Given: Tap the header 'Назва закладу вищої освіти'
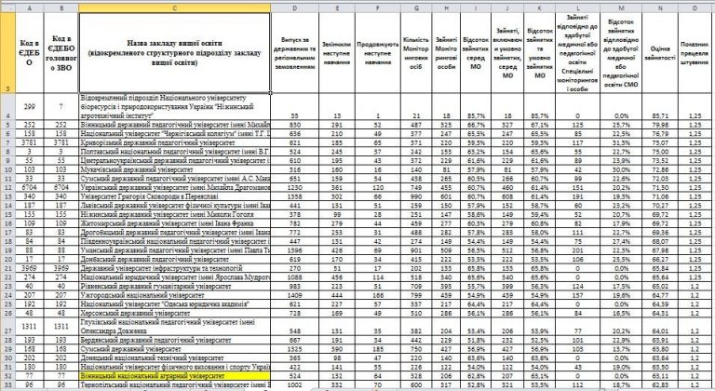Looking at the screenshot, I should coord(175,48).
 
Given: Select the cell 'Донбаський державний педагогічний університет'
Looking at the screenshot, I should coord(154,268).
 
